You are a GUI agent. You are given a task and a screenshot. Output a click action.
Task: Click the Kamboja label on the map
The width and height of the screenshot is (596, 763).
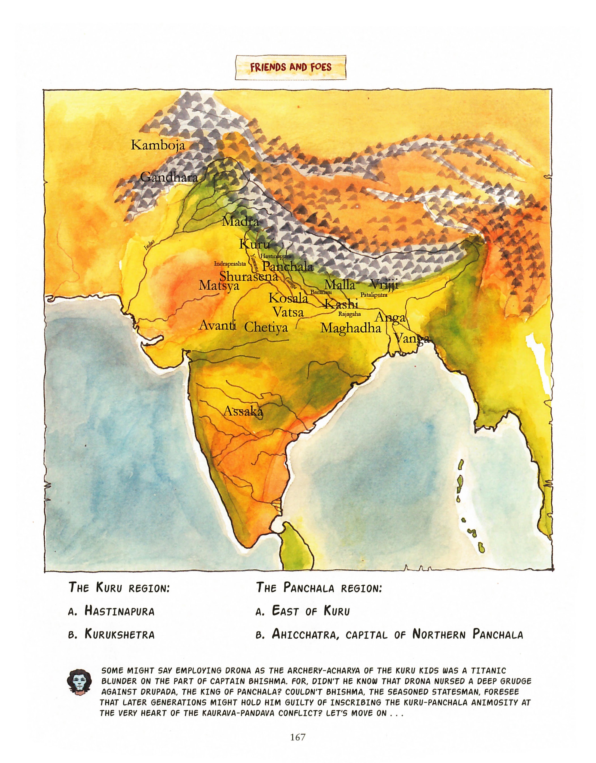(158, 145)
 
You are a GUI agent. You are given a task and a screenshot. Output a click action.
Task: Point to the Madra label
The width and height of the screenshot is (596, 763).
(240, 222)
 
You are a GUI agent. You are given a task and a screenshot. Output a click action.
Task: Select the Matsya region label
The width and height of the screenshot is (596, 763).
(219, 286)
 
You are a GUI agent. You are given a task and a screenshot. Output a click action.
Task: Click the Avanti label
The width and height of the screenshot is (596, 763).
(217, 325)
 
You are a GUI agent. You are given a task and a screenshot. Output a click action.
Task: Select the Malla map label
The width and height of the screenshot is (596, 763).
(340, 285)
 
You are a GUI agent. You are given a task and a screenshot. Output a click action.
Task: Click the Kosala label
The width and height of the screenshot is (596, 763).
(288, 298)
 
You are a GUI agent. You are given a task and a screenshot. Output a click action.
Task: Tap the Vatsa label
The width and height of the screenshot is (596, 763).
(288, 312)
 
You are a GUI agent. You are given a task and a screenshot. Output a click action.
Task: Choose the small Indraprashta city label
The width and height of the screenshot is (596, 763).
(230, 264)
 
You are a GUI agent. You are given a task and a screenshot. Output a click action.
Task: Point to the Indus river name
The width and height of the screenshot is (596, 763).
(149, 245)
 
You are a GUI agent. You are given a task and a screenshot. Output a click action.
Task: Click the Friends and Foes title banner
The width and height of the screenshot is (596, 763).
(290, 67)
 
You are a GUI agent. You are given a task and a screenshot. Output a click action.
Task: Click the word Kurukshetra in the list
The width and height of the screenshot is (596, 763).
(120, 634)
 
